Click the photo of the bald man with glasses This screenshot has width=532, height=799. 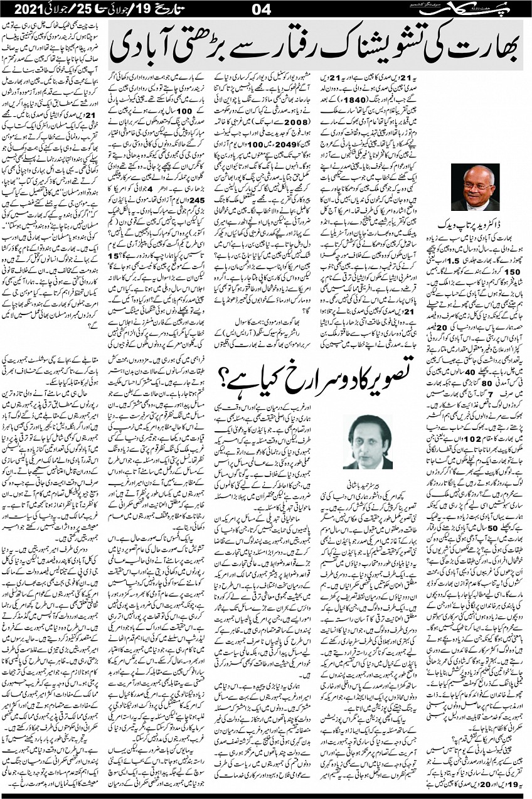click(x=475, y=187)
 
